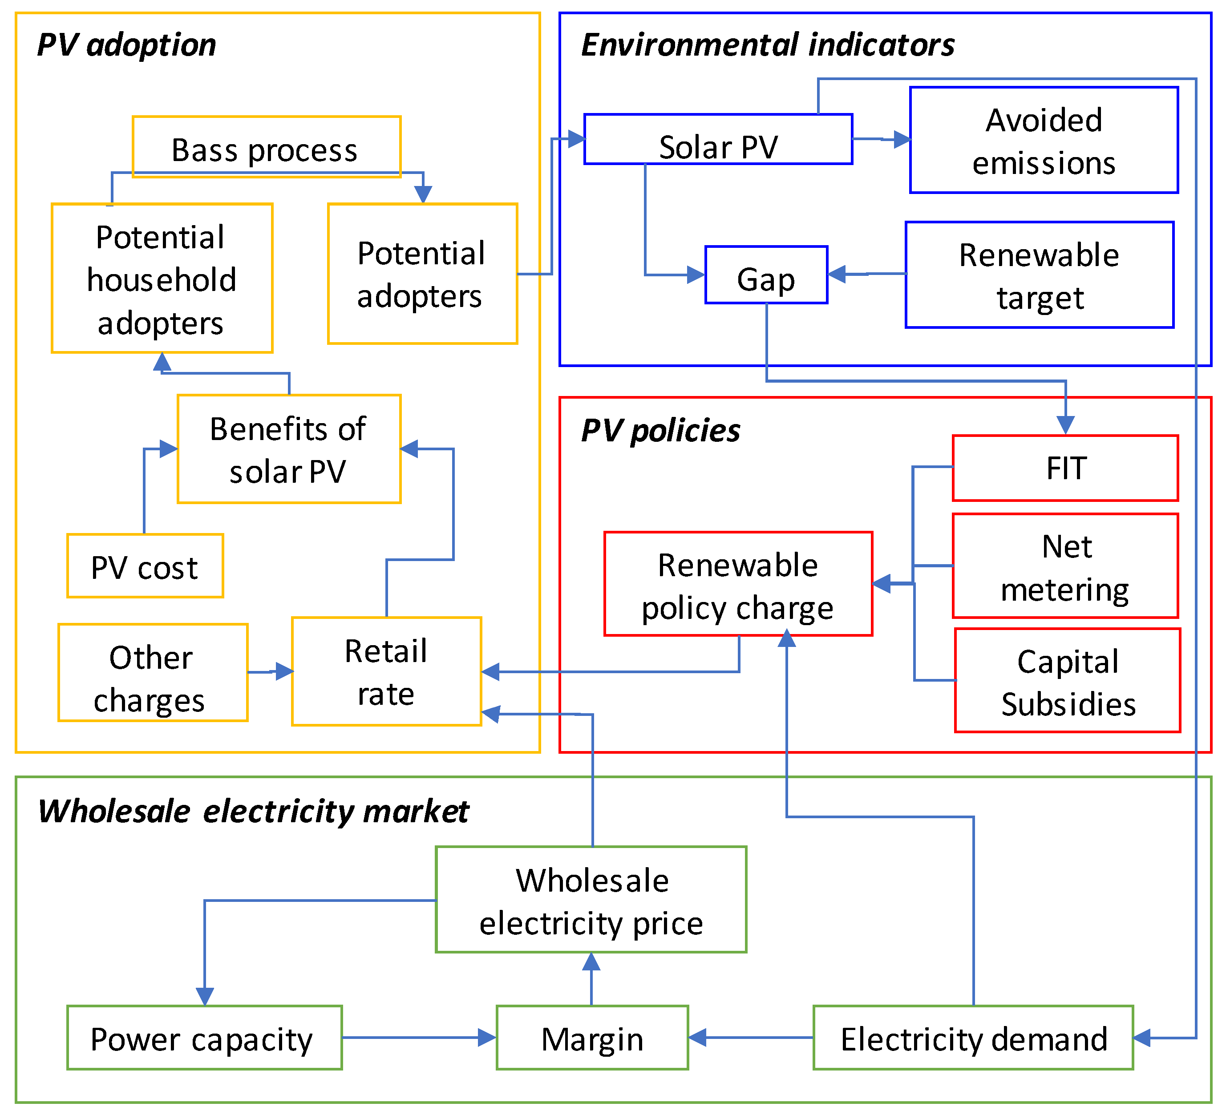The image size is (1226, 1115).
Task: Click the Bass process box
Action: coord(267,146)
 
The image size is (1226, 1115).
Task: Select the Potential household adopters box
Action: coord(162,279)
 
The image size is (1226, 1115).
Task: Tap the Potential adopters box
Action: coord(422,274)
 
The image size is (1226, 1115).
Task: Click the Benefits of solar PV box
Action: coord(289,449)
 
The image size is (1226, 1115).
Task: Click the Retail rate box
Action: coord(386,671)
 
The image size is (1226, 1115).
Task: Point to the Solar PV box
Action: coord(718,139)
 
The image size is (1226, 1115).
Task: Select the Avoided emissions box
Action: coord(1044,141)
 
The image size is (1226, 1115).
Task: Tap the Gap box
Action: coord(766,275)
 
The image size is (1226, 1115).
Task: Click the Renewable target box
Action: coord(1039,275)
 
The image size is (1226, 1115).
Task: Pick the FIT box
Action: coord(1065,468)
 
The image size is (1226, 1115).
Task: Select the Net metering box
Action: coord(1065,566)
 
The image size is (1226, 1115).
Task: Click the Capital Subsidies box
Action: coord(1067,680)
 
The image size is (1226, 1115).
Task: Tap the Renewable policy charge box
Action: coord(738,584)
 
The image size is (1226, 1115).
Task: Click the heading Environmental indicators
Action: coord(768,45)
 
